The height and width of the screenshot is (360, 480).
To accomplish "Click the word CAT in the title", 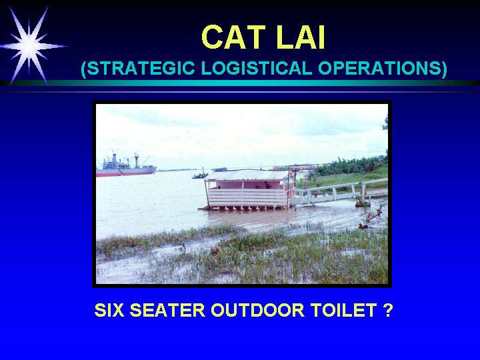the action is pos(233,37).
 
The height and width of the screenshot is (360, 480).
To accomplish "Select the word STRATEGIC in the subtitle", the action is pos(140,68).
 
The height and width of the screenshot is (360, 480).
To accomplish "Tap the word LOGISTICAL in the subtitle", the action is pos(257,68).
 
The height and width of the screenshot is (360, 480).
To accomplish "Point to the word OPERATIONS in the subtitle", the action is pos(379,68).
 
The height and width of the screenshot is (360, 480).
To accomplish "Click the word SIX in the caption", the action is pos(109,310).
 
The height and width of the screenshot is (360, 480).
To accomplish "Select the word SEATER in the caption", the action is pos(167,310).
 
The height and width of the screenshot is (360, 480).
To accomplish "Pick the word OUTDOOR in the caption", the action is pos(258,310).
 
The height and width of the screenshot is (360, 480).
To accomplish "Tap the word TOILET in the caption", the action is pos(343,310).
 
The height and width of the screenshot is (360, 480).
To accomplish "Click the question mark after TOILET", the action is pos(387,310).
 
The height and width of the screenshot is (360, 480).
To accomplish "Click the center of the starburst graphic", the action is pos(29,46).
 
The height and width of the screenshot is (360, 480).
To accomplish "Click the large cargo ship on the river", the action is pos(126,166).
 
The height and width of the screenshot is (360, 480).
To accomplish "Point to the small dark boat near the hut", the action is pos(200,175).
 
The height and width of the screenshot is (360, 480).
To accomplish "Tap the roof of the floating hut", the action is pos(249,175).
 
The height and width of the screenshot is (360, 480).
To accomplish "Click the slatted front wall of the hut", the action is pos(247,197).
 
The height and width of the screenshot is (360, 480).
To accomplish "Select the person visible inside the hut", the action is pos(267,185).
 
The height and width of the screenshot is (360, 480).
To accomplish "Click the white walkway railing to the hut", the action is pos(338,191).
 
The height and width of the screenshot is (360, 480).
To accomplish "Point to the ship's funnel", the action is pos(115,157).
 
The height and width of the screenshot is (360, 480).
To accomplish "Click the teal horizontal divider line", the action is pos(240,83).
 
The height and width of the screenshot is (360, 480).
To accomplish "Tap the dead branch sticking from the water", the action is pos(371,216).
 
